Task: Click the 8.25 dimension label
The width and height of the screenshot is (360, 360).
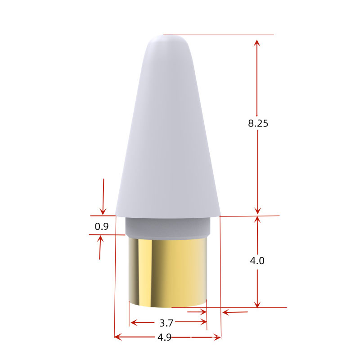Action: (x=258, y=123)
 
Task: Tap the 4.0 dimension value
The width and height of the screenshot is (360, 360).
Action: (x=257, y=261)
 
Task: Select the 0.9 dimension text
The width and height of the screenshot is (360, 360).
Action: (x=102, y=226)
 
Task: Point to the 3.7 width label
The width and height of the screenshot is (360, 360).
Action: (x=166, y=323)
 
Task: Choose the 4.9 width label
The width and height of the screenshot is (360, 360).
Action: (x=165, y=337)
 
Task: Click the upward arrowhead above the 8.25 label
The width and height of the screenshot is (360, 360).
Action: (x=257, y=43)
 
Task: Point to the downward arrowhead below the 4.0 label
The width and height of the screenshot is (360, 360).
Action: (x=257, y=304)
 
